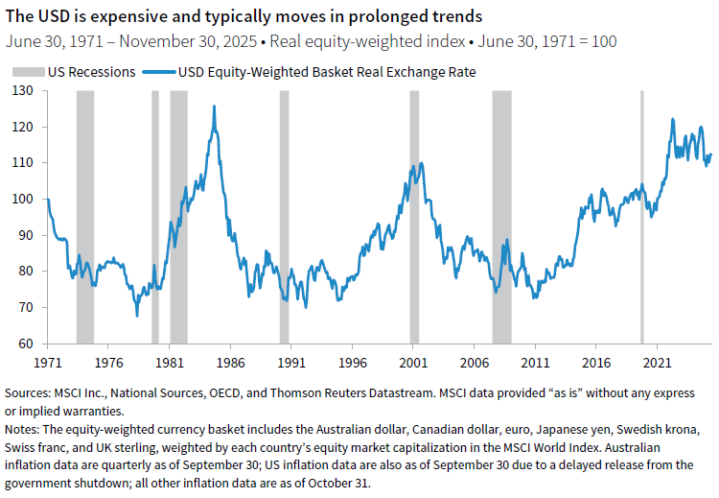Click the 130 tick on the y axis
(x=20, y=91)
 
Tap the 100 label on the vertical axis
(x=20, y=199)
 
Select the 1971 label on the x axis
(x=47, y=364)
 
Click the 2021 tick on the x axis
(x=657, y=364)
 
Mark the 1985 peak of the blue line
(x=213, y=107)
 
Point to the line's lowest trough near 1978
(x=136, y=315)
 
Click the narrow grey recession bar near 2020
(x=642, y=217)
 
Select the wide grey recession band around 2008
(x=501, y=217)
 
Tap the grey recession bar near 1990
(x=284, y=217)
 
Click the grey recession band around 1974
(x=84, y=217)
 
